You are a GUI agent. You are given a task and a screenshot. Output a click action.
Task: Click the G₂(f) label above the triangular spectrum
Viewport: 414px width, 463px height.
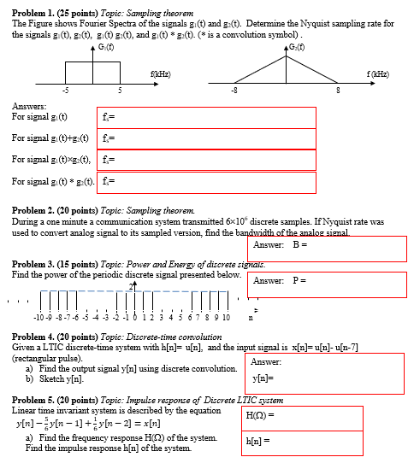[295, 44]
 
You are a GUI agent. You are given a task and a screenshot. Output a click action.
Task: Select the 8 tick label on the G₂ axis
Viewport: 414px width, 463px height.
[338, 90]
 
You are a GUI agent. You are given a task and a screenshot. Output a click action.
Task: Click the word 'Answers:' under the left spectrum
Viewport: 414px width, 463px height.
[29, 106]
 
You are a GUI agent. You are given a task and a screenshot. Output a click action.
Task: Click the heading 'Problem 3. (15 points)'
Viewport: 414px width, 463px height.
[51, 266]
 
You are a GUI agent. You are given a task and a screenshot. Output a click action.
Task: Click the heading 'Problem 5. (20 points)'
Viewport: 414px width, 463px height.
[51, 399]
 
